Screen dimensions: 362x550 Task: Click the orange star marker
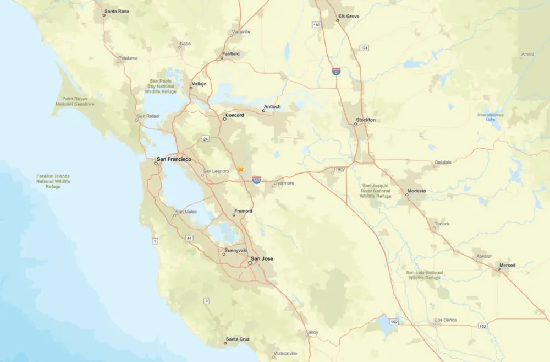[241, 169]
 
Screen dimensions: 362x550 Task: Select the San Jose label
[262, 258]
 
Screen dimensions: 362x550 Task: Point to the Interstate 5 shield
[336, 71]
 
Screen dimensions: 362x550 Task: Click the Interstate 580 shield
[257, 180]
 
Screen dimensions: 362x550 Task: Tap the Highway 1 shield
[155, 241]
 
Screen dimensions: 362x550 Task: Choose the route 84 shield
[190, 238]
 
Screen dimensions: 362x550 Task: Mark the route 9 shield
[206, 300]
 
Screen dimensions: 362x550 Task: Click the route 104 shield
[364, 48]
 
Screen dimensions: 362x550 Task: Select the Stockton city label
[366, 120]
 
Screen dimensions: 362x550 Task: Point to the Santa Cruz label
[238, 339]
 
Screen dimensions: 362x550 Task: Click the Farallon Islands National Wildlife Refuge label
[53, 181]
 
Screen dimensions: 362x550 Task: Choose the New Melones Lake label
[490, 117]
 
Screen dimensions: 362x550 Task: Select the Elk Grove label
[349, 16]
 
